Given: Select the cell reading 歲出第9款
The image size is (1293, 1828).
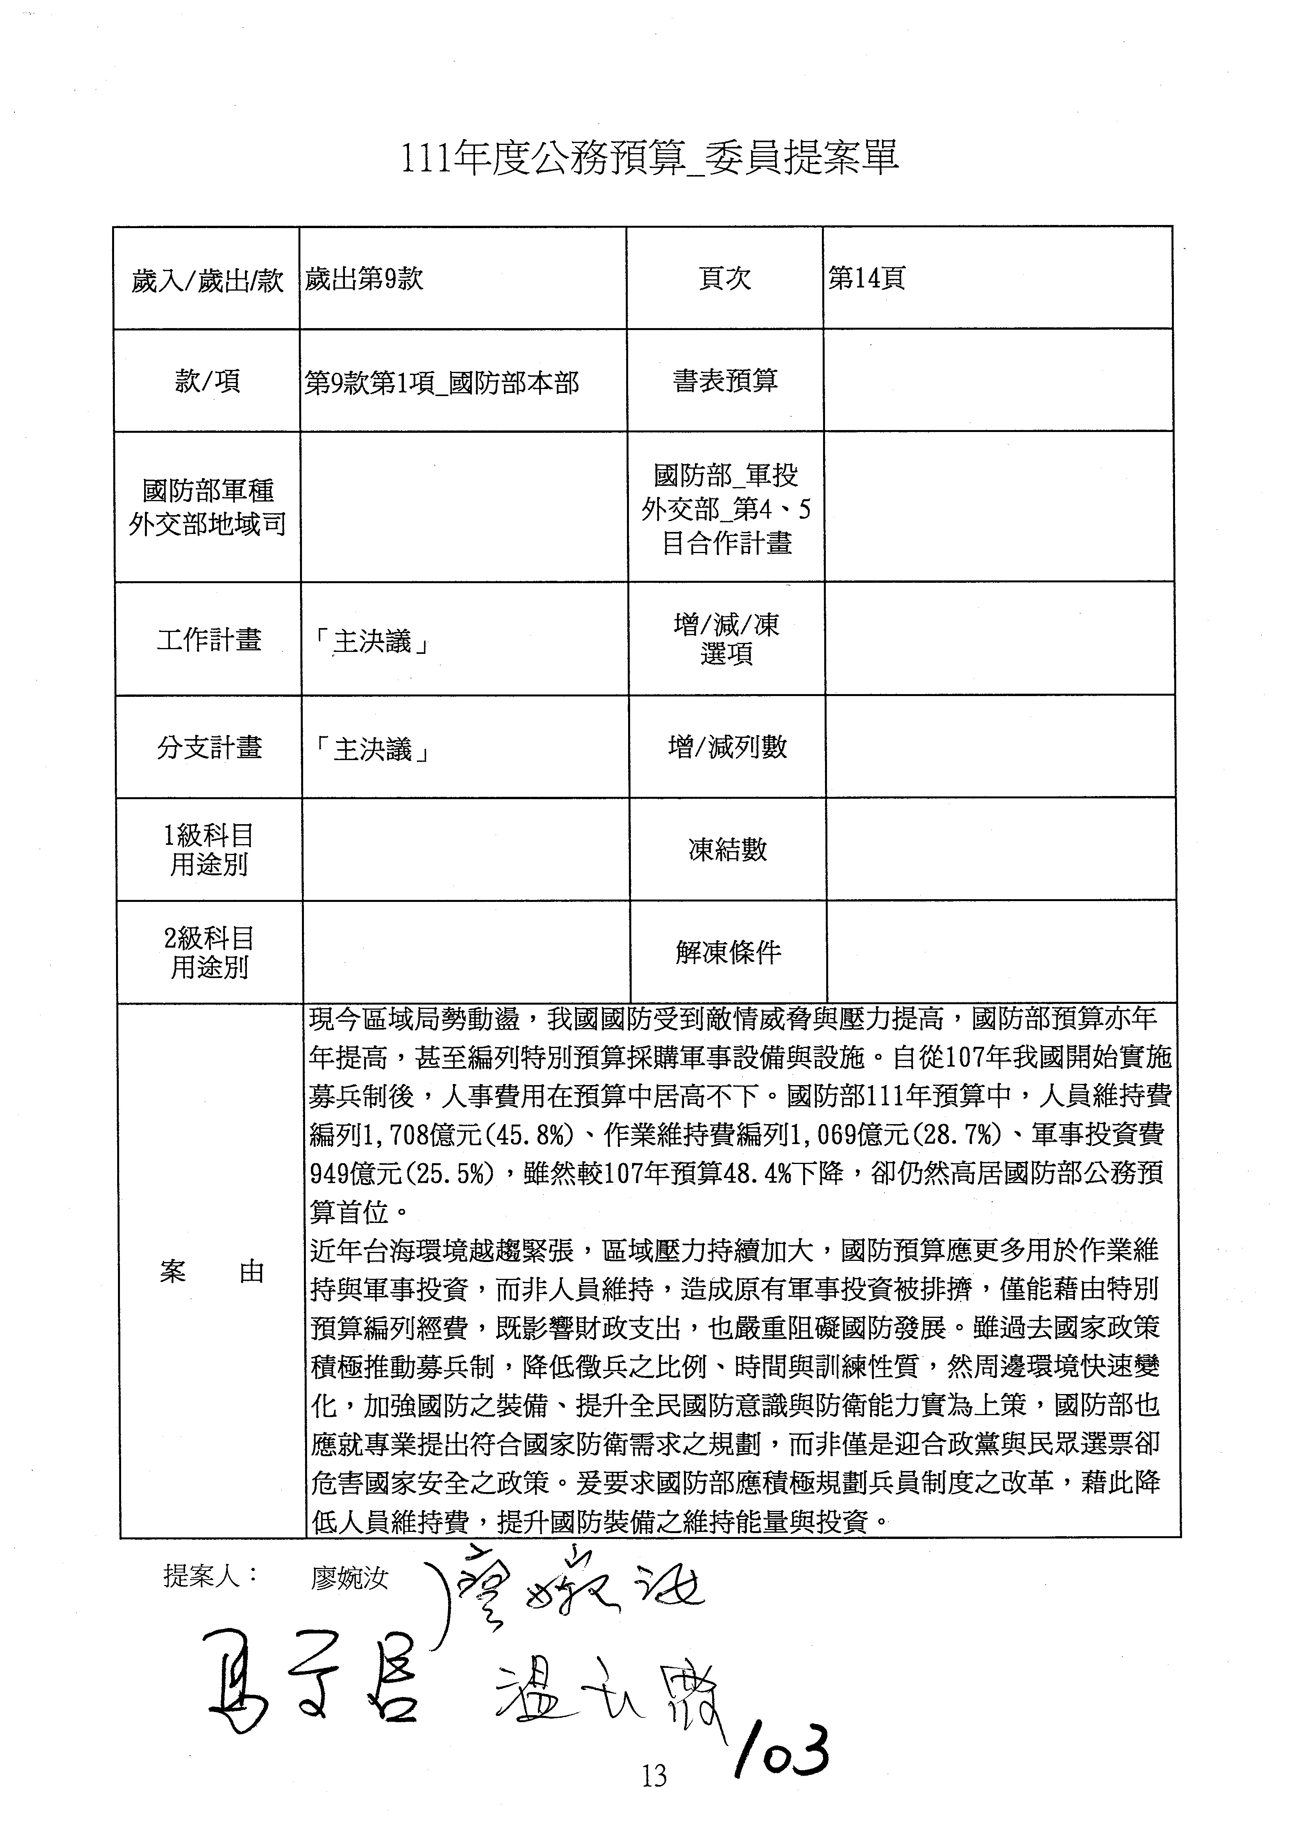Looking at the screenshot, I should pos(364,278).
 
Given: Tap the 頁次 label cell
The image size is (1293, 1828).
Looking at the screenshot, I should pos(725,278).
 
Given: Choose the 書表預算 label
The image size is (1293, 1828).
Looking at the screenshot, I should pos(725,381).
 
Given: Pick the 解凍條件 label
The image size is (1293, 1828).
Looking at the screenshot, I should pos(728,952).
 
